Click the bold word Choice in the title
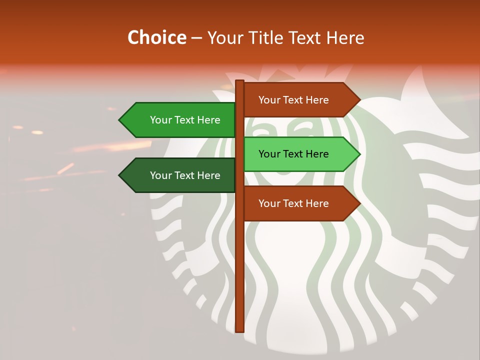pos(156,37)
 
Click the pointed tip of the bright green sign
pos(120,120)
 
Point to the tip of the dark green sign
pos(120,175)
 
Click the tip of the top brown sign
pos(359,100)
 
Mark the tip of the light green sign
pos(359,154)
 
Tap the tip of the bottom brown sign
pos(359,203)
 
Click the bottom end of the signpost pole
pos(239,330)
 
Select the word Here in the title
pos(345,37)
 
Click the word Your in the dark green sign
pos(160,175)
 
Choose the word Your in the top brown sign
pos(269,100)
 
